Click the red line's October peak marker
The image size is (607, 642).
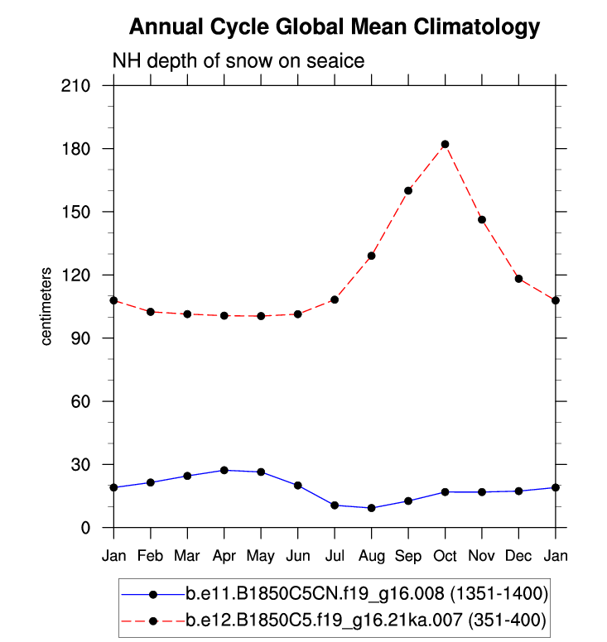445,144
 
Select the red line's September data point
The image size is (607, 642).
408,190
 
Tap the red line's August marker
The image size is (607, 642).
372,256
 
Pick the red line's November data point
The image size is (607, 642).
482,219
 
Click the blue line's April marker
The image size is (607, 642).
224,470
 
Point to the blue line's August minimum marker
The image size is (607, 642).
372,508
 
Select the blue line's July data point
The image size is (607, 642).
335,505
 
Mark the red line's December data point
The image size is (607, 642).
519,279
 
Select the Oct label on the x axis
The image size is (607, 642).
445,554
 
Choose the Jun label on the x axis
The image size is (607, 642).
297,554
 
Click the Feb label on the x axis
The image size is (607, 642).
150,554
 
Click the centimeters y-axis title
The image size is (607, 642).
48,306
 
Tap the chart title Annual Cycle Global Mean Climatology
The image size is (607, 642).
335,27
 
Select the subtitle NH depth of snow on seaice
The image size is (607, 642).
238,61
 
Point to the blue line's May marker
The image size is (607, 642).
261,472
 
